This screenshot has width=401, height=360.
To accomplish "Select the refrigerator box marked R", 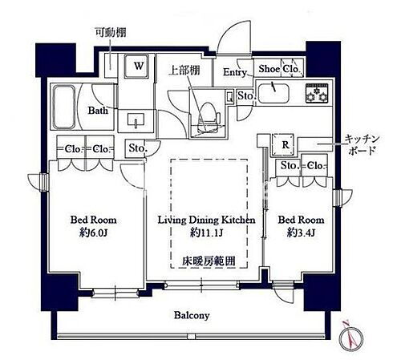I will [286, 144].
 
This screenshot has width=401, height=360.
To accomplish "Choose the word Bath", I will [98, 111].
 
